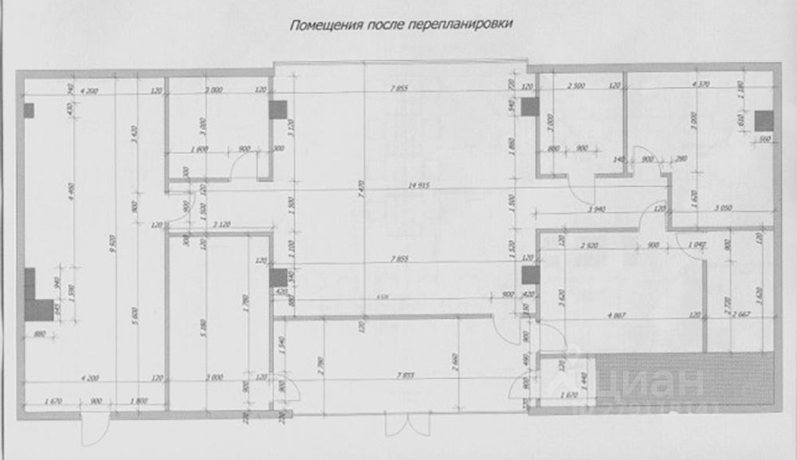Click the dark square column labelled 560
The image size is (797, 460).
764,120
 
